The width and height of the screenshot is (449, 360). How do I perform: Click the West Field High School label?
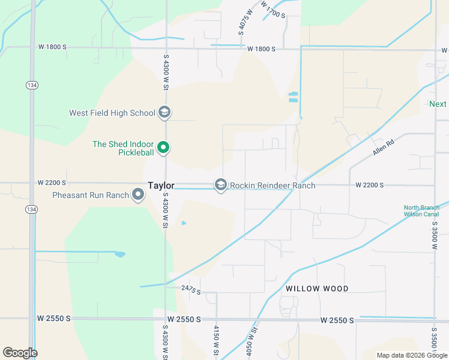tap(112, 113)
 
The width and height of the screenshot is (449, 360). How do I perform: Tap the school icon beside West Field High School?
tap(164, 112)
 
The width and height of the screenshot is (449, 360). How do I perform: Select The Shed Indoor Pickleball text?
tap(124, 148)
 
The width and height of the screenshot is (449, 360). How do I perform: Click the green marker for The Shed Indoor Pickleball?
tap(163, 147)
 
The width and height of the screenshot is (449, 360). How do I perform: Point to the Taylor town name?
tap(161, 186)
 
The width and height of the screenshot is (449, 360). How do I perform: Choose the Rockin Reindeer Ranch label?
tap(273, 185)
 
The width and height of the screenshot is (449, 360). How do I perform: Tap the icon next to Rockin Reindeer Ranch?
tap(221, 185)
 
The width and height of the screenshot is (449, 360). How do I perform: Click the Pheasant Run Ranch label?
tap(91, 195)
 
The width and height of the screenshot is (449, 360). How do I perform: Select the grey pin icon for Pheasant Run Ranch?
tap(138, 194)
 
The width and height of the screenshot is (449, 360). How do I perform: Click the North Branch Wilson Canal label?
tap(421, 211)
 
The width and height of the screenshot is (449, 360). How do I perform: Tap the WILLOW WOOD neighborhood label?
tap(317, 289)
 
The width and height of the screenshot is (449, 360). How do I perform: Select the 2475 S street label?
tap(190, 290)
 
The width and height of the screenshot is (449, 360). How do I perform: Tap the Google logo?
tap(20, 353)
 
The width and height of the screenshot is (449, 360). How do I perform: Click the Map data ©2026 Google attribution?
tap(411, 355)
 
